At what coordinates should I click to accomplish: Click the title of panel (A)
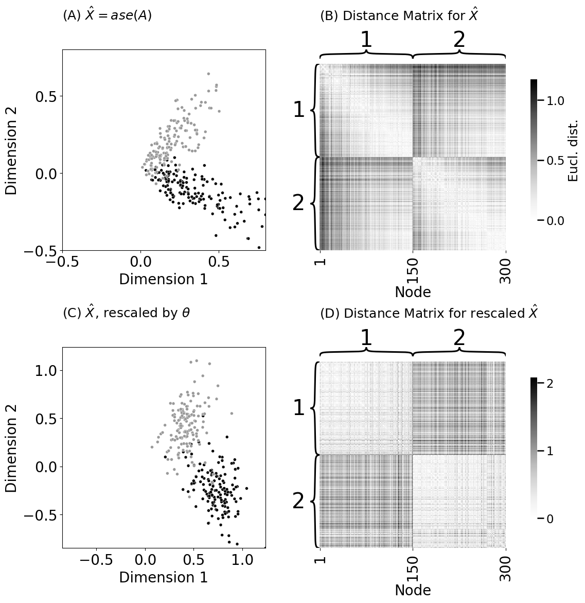point(107,15)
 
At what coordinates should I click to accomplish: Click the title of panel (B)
point(399,15)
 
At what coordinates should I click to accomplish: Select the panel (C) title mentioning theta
point(127,313)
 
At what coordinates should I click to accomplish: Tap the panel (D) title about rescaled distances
point(429,313)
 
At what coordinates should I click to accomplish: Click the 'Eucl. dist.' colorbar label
point(573,150)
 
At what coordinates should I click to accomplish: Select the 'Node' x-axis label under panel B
point(413,292)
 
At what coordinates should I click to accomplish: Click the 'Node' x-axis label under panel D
point(413,590)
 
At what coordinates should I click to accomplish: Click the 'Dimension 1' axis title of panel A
point(164,279)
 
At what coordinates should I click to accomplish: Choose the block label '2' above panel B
point(459,40)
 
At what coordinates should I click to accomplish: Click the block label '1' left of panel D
point(299,408)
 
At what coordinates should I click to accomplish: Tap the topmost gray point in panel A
point(208,74)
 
